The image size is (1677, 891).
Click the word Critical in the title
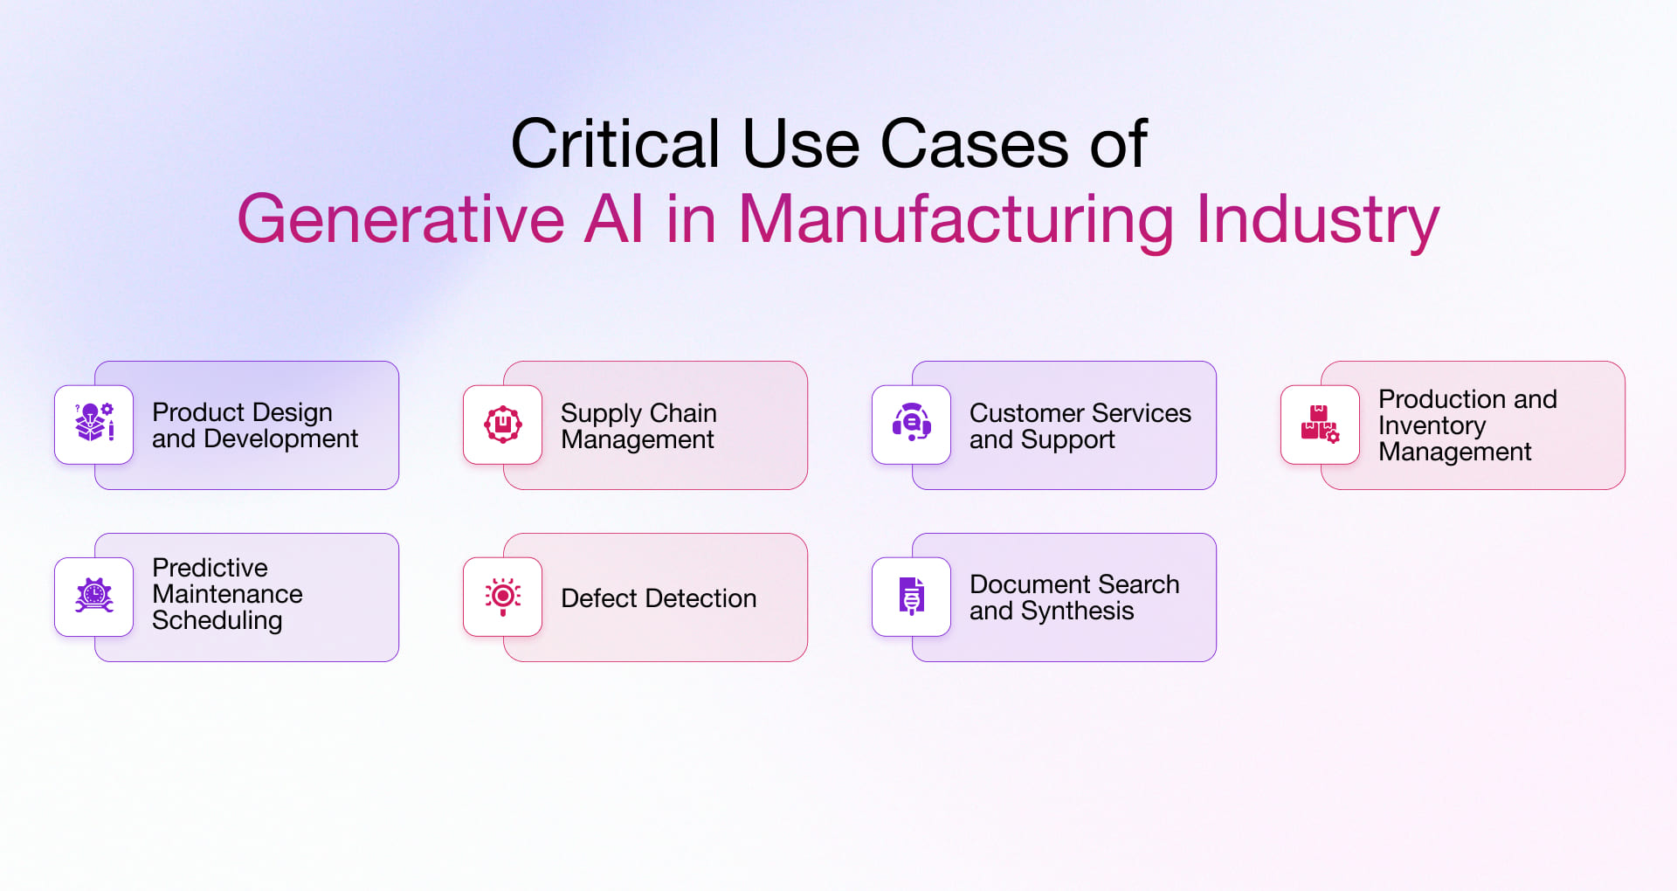(615, 143)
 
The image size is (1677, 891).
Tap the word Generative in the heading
(401, 218)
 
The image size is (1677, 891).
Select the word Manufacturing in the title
(956, 220)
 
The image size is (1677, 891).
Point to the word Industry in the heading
(1317, 220)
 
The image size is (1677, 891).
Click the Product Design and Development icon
(94, 423)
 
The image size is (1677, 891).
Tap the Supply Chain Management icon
(503, 425)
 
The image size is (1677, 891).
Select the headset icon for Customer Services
(912, 423)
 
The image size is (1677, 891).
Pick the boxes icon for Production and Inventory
(1320, 425)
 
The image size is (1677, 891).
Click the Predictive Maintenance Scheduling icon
(94, 596)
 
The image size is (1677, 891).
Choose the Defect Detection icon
(503, 597)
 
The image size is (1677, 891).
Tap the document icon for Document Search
(912, 597)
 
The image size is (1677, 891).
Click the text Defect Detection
(659, 598)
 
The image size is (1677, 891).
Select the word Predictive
(210, 568)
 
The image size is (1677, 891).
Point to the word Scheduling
(217, 621)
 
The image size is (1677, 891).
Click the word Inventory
(1432, 426)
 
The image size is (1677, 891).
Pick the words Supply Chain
(638, 414)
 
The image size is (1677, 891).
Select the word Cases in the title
(974, 143)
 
